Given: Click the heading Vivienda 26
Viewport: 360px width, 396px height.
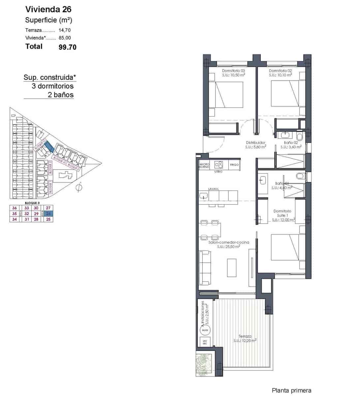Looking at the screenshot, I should pyautogui.click(x=48, y=9).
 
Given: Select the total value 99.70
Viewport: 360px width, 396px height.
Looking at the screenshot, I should pyautogui.click(x=67, y=47).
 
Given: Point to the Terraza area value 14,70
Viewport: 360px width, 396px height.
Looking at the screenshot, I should pyautogui.click(x=65, y=30).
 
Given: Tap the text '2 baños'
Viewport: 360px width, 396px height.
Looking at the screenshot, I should pyautogui.click(x=61, y=95).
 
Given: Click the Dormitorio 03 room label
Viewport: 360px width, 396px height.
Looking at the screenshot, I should pyautogui.click(x=233, y=71).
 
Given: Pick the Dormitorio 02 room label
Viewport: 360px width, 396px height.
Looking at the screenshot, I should pyautogui.click(x=280, y=71).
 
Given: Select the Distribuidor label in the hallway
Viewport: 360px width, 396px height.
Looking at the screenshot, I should pyautogui.click(x=255, y=143).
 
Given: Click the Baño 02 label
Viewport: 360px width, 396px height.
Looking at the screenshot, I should pyautogui.click(x=291, y=143).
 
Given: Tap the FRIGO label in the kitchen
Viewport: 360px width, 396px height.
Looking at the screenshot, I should pyautogui.click(x=234, y=165).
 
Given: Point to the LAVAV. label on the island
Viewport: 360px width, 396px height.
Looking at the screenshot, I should pyautogui.click(x=214, y=189).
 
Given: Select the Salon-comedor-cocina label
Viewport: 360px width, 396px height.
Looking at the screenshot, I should pyautogui.click(x=229, y=243).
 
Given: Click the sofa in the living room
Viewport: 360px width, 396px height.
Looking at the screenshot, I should pyautogui.click(x=205, y=267).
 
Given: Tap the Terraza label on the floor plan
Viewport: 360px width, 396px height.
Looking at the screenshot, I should pyautogui.click(x=245, y=336).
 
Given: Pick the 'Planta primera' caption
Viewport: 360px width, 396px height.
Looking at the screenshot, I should pyautogui.click(x=291, y=390).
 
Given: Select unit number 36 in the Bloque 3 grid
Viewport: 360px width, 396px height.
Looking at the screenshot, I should pyautogui.click(x=15, y=208).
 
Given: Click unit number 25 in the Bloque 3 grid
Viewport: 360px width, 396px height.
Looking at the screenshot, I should pyautogui.click(x=49, y=219).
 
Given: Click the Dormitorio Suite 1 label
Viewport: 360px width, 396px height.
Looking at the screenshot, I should pyautogui.click(x=283, y=213).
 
